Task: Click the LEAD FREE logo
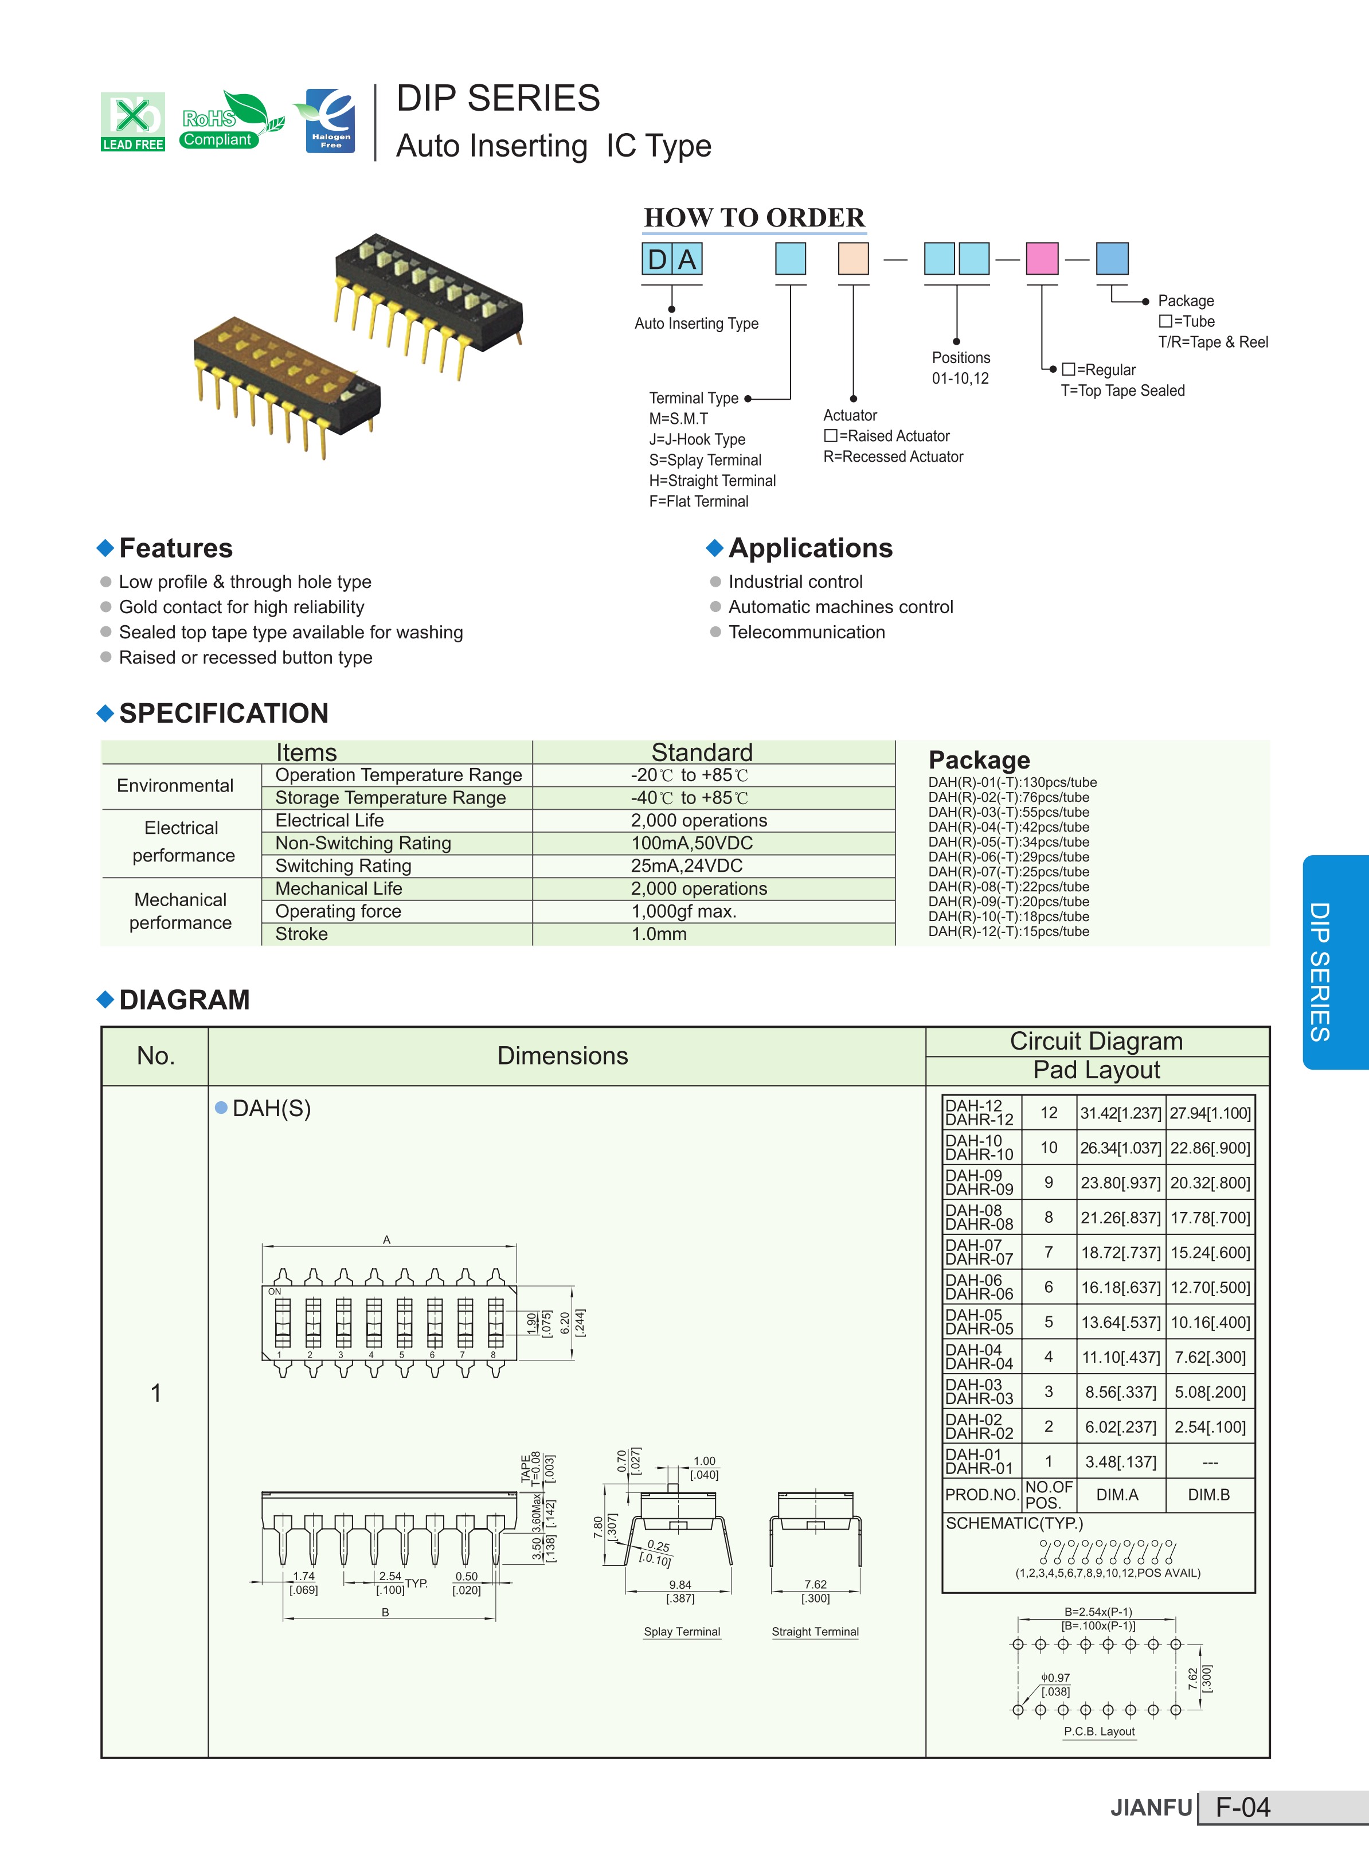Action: (132, 122)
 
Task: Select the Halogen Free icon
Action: (328, 121)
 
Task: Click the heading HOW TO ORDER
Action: (754, 217)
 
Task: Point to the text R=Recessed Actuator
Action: (893, 457)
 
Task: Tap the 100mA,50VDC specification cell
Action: (692, 843)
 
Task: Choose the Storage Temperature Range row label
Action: (390, 797)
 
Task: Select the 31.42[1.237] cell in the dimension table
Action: (1120, 1113)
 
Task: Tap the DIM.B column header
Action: (1208, 1495)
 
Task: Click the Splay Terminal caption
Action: (682, 1631)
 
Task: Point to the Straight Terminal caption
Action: (815, 1631)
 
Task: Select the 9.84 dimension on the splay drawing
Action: (680, 1584)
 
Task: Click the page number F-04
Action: (1242, 1807)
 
